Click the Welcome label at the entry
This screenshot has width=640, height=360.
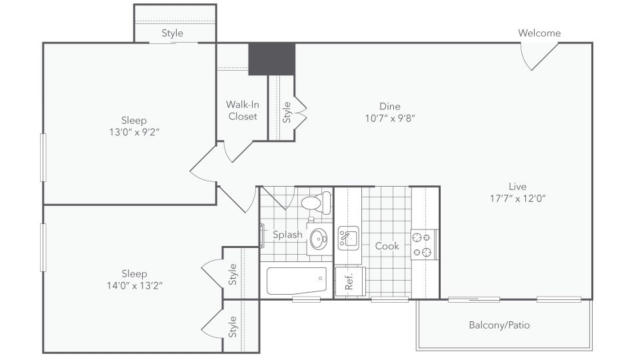click(539, 33)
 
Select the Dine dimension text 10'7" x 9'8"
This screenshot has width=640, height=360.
click(390, 119)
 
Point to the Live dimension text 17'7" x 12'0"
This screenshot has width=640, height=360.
click(517, 198)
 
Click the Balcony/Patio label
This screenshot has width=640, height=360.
click(499, 325)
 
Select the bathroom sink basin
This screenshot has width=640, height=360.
click(319, 238)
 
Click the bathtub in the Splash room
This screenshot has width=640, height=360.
click(297, 281)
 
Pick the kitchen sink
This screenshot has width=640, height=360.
click(348, 237)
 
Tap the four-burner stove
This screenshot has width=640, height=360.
click(423, 244)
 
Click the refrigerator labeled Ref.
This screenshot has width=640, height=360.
click(349, 281)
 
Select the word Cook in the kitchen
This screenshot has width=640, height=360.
click(387, 246)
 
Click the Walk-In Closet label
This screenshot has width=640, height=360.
click(243, 111)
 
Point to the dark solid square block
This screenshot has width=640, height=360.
click(272, 59)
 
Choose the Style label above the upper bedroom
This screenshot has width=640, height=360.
click(172, 33)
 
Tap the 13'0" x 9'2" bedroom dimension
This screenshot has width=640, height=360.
click(134, 132)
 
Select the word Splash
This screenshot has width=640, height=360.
click(287, 235)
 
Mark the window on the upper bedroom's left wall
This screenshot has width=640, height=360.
click(43, 157)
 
